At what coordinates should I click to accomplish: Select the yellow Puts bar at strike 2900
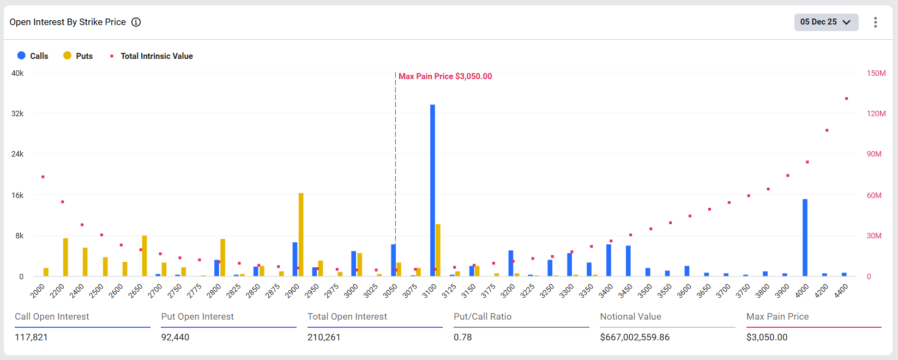coord(301,235)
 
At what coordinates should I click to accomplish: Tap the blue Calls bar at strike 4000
coord(805,238)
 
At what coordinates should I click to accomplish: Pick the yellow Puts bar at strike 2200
coord(65,257)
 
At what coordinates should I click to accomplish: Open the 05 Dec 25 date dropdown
coord(825,22)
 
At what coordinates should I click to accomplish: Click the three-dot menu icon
coord(875,22)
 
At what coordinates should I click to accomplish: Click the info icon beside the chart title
coord(136,22)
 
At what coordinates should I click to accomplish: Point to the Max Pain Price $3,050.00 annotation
coord(445,76)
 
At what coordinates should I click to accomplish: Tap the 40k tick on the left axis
coord(17,73)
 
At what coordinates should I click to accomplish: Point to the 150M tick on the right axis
coord(876,73)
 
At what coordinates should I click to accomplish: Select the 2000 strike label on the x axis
coord(38,291)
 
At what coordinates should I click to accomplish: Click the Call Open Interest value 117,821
coord(31,337)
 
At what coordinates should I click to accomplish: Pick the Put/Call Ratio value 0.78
coord(463,337)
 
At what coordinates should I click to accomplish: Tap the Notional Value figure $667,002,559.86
coord(635,337)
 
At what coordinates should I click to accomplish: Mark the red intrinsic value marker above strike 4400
coord(846,99)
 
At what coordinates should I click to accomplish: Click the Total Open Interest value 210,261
coord(324,337)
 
